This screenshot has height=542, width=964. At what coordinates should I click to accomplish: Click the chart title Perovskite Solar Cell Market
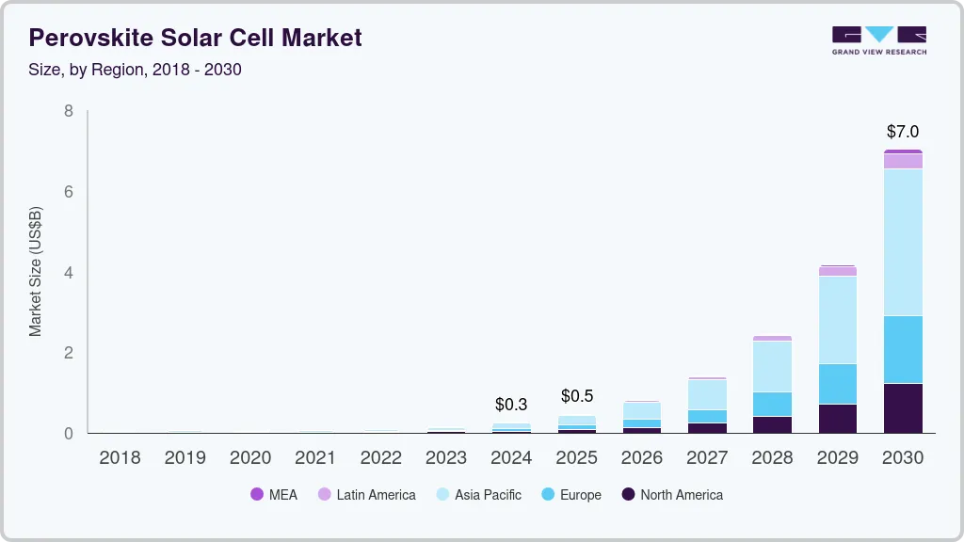(x=195, y=38)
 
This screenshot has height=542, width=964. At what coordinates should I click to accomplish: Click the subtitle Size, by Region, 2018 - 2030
(x=135, y=70)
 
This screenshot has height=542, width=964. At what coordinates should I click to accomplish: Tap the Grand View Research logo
(x=878, y=40)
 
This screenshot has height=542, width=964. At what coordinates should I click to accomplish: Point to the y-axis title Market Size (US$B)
(x=36, y=271)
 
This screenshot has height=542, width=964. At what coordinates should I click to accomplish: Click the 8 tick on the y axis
(x=68, y=111)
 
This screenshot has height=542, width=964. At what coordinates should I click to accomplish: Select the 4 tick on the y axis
(x=68, y=273)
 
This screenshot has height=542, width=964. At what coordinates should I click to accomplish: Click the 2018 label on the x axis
(x=120, y=458)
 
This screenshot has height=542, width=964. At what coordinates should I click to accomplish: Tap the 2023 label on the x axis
(x=445, y=458)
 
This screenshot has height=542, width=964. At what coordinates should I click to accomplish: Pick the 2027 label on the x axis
(x=707, y=458)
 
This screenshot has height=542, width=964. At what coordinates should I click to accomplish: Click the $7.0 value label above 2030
(x=903, y=132)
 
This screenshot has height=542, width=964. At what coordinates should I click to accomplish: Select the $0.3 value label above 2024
(x=511, y=405)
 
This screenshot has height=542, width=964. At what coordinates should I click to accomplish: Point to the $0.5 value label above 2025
(x=577, y=396)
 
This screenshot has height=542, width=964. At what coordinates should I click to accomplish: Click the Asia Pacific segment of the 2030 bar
(x=903, y=242)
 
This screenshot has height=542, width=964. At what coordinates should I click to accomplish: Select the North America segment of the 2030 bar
(x=903, y=408)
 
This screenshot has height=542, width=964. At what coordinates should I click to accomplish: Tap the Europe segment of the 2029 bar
(x=838, y=384)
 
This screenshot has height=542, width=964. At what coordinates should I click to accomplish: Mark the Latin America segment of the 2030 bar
(x=903, y=161)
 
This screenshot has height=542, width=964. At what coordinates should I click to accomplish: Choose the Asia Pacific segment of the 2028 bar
(x=773, y=366)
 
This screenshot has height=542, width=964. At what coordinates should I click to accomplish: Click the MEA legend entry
(x=274, y=495)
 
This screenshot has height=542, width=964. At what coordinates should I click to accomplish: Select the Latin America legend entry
(x=366, y=495)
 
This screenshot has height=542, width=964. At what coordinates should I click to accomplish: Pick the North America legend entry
(x=672, y=495)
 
